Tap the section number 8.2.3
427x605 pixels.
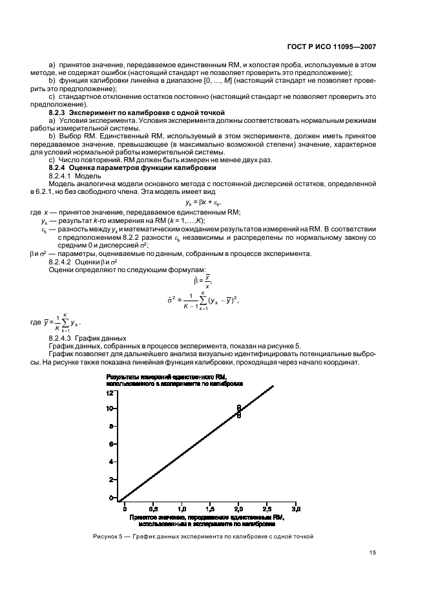59,112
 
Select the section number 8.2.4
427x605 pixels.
59,167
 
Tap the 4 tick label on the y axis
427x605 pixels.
111,462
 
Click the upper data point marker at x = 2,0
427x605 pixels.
238,407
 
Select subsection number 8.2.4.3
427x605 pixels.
61,338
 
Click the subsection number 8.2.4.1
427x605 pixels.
61,175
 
